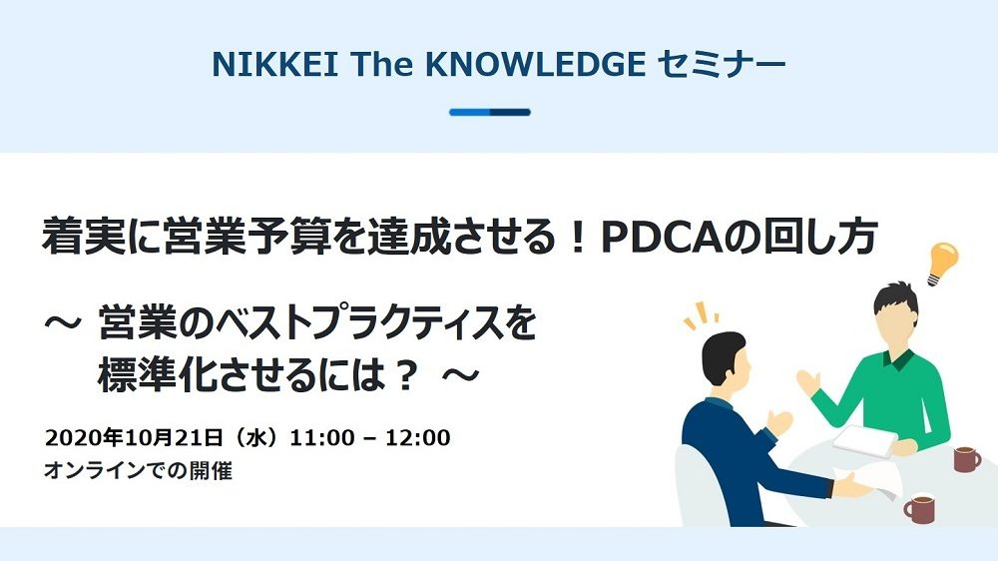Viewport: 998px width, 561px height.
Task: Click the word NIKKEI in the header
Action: click(x=275, y=64)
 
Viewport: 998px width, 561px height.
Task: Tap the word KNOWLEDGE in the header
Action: click(x=535, y=64)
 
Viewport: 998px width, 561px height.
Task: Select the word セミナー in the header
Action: click(x=722, y=64)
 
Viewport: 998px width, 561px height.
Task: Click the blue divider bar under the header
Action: click(x=489, y=112)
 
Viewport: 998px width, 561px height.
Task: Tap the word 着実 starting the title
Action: click(x=83, y=238)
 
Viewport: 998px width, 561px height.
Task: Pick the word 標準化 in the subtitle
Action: click(x=159, y=375)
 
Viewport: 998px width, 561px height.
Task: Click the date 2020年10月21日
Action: click(x=135, y=437)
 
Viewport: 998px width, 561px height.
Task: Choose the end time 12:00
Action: click(x=418, y=438)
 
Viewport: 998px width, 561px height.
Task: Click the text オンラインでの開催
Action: click(x=138, y=470)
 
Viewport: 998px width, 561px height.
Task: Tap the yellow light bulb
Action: click(x=942, y=264)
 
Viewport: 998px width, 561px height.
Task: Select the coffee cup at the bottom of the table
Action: click(x=919, y=509)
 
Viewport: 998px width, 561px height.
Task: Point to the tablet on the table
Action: click(x=865, y=441)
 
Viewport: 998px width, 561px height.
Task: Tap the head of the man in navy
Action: click(x=725, y=360)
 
